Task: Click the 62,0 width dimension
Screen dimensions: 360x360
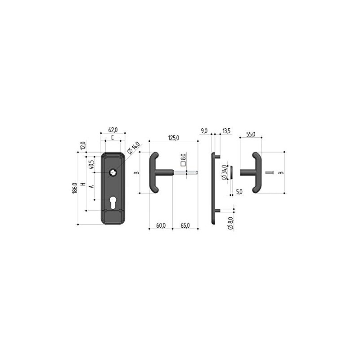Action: pyautogui.click(x=113, y=130)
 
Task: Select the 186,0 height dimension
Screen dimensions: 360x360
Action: pyautogui.click(x=75, y=188)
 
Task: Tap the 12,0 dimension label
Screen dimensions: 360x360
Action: pyautogui.click(x=83, y=145)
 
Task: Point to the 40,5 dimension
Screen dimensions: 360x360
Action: pyautogui.click(x=91, y=164)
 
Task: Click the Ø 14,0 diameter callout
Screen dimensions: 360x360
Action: pyautogui.click(x=133, y=148)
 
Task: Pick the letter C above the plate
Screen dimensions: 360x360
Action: pyautogui.click(x=112, y=138)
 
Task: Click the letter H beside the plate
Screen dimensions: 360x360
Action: pyautogui.click(x=83, y=184)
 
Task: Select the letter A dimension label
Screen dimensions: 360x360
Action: pyautogui.click(x=91, y=186)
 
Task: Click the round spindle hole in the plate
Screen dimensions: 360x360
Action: pyautogui.click(x=113, y=172)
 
